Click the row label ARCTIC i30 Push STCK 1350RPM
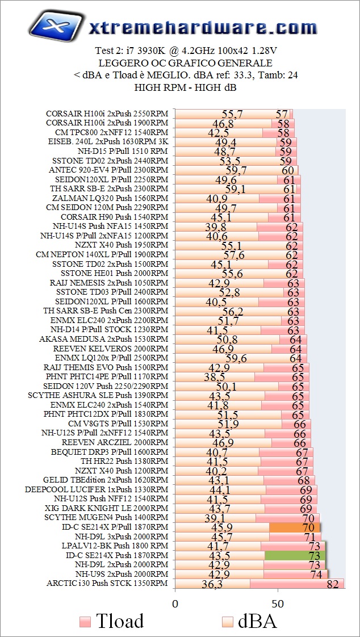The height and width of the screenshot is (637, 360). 107,583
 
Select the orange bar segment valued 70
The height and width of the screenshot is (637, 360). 295,527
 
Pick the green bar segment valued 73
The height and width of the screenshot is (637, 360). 295,555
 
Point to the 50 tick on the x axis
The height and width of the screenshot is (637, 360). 278,602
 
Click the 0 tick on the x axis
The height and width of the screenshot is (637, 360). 175,602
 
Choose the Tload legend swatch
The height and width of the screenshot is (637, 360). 86,622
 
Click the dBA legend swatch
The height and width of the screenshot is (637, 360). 228,622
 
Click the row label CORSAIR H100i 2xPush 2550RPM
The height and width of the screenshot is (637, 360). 107,114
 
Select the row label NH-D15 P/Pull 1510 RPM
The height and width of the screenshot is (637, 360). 123,151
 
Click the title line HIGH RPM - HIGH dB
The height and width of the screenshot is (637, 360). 185,87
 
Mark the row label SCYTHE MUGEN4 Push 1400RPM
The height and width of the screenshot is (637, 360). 106,517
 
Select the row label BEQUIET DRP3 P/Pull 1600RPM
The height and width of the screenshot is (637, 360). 110,452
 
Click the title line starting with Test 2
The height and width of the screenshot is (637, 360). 185,51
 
